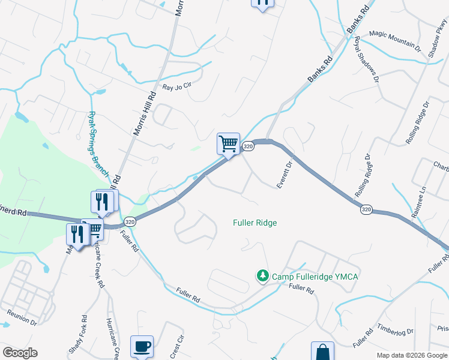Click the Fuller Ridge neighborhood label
click(255, 223)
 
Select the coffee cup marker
click(142, 346)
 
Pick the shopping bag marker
click(322, 352)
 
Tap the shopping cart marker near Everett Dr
click(228, 145)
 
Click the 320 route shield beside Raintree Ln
click(367, 209)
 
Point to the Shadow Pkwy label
click(438, 45)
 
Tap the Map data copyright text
click(412, 355)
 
